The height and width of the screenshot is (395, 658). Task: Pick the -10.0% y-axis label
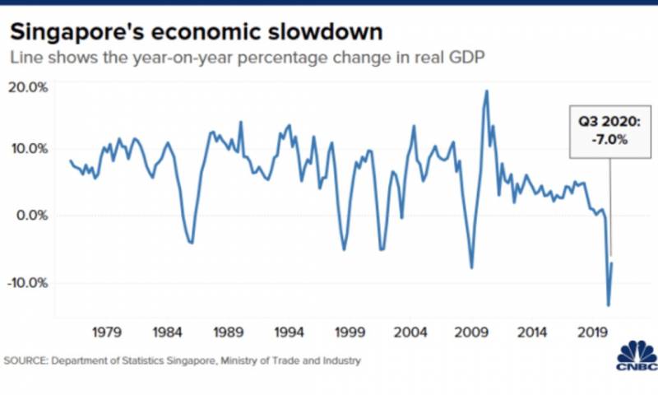pos(28,282)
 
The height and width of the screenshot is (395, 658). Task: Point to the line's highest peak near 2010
pos(487,91)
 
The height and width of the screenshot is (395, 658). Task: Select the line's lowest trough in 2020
pos(609,305)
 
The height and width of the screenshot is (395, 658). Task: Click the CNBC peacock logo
pos(636,352)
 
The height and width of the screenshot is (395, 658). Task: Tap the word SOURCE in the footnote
pos(27,360)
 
